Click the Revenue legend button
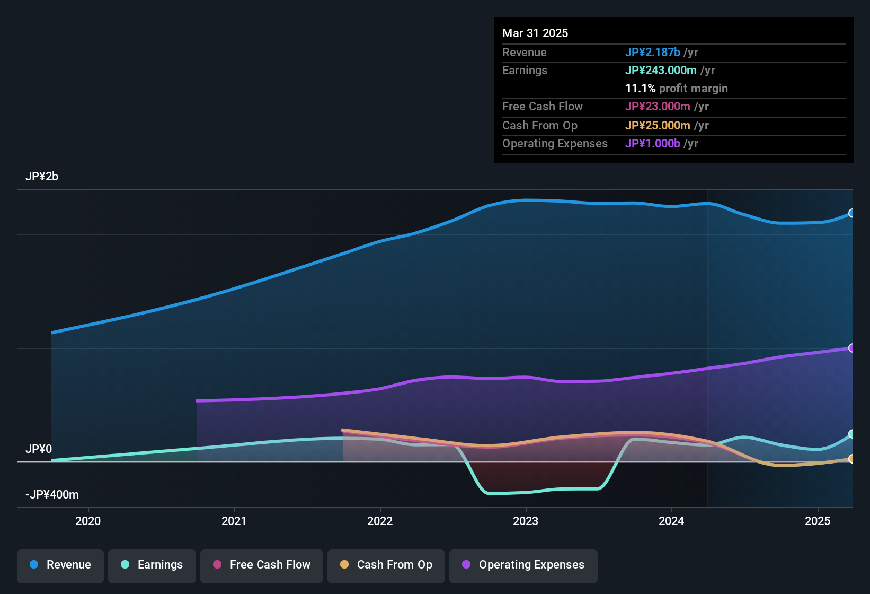coord(60,565)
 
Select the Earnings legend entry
coord(152,565)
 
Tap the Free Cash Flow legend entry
coord(262,565)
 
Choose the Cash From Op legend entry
coord(386,565)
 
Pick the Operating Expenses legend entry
coord(523,565)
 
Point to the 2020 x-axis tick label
coord(88,521)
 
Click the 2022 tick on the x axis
coord(380,521)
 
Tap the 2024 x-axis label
coord(671,521)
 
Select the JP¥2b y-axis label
coord(42,177)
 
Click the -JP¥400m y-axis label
coord(52,495)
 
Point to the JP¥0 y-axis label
coord(39,449)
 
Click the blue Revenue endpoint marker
coord(851,213)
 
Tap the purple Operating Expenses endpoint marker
coord(851,348)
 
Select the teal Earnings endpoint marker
coord(851,434)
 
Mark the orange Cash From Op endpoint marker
coord(851,459)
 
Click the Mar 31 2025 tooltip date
coord(535,33)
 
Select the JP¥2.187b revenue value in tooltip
coord(653,52)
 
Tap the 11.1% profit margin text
coord(677,88)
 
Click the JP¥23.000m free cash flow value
coord(658,106)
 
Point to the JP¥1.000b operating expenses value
coord(653,143)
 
